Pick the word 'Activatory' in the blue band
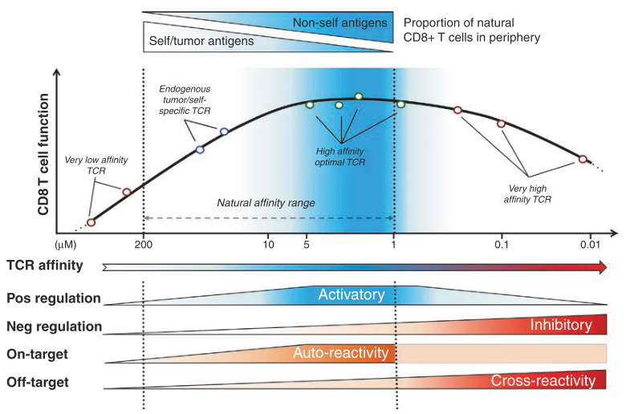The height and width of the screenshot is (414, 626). click(352, 294)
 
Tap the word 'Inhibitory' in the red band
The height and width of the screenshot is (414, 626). click(561, 324)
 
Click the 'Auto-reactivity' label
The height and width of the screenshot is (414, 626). click(340, 353)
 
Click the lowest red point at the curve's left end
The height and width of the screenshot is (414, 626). click(91, 222)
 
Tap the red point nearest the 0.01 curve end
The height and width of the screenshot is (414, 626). click(583, 159)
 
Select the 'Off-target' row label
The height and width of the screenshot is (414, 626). click(37, 382)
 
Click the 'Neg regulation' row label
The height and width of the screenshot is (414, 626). click(54, 327)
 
